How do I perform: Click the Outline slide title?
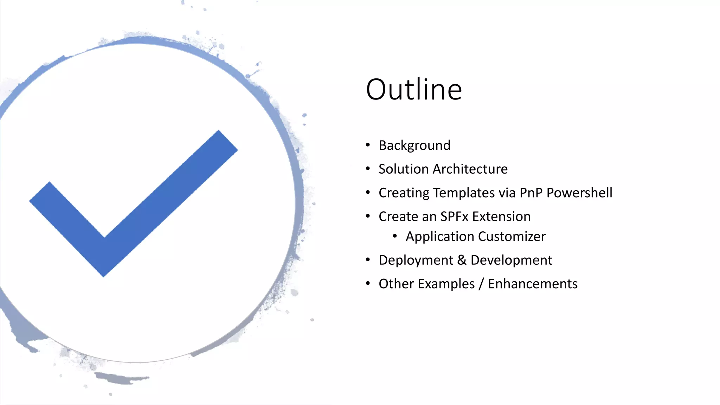(414, 90)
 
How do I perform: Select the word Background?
(414, 146)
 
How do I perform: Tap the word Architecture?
(470, 169)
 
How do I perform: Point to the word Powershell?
(579, 193)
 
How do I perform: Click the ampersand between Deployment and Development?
(462, 260)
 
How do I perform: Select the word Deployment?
(416, 261)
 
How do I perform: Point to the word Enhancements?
(533, 284)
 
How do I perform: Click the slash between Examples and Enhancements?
(481, 284)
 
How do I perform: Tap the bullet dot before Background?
(368, 145)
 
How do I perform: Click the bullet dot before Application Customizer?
(395, 236)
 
